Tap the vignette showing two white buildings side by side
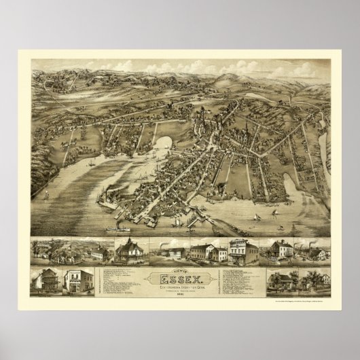pyautogui.click(x=204, y=251)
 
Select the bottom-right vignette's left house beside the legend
pyautogui.click(x=279, y=281)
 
